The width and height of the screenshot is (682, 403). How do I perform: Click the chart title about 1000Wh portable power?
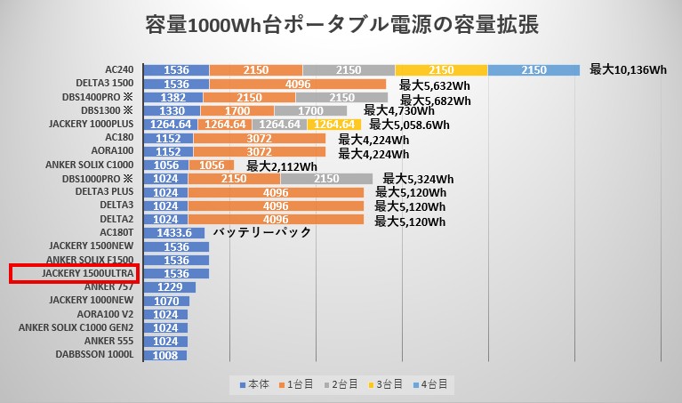(341, 25)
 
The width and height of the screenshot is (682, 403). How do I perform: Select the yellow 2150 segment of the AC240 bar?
(441, 70)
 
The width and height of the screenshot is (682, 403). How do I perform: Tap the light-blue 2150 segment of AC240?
(534, 70)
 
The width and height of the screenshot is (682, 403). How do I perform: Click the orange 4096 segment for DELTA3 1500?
(298, 85)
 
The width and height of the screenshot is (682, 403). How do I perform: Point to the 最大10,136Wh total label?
(628, 70)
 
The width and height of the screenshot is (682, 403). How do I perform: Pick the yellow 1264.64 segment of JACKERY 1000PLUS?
(335, 125)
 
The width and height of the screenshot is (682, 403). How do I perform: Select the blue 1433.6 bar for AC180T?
(173, 233)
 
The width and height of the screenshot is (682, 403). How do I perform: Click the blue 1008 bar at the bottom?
(164, 354)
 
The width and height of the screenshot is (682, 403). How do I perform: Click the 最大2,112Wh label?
(282, 165)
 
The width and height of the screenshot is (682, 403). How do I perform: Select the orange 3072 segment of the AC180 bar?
(259, 138)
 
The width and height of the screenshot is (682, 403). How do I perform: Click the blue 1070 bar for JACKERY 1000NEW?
(166, 300)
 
